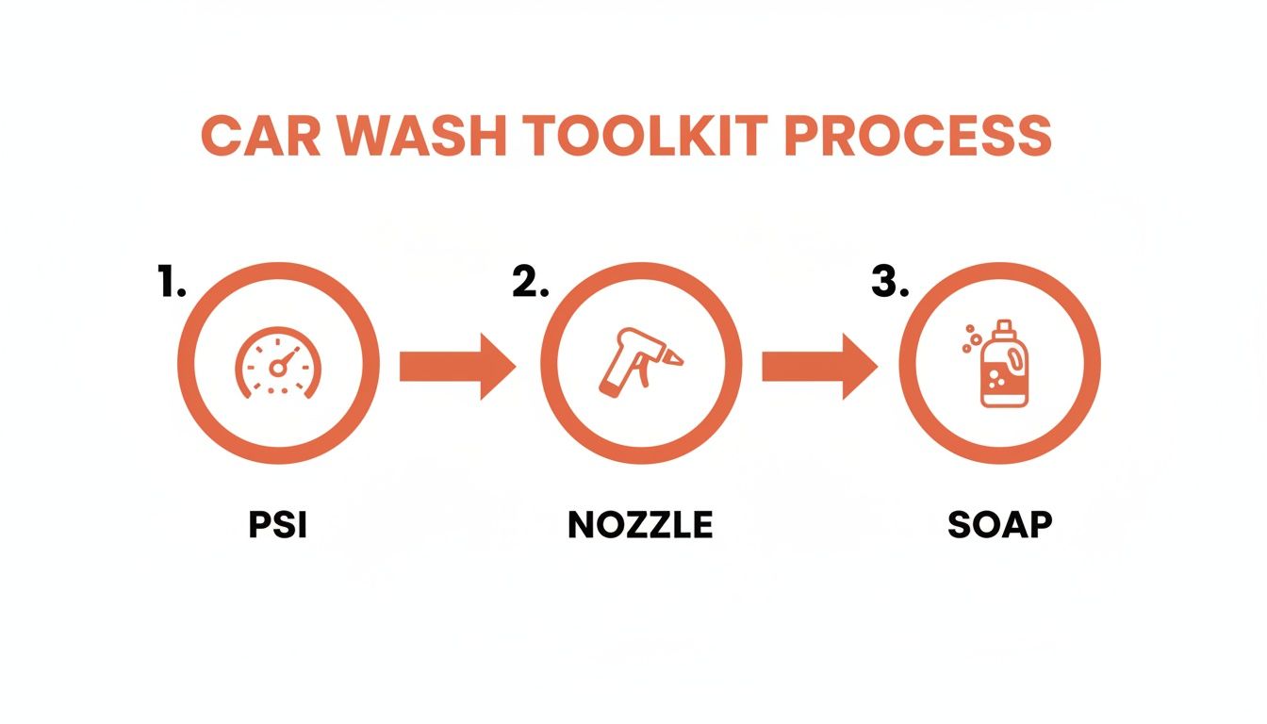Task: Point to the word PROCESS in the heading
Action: (917, 137)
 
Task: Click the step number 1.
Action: (170, 283)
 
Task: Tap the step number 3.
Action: (890, 283)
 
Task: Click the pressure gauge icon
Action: (279, 368)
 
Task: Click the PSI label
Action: (278, 525)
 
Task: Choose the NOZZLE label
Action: (640, 525)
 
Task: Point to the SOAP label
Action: (999, 525)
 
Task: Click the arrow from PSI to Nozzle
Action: (457, 366)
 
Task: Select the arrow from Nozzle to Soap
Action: (818, 366)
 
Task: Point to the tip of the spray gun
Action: (679, 359)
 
